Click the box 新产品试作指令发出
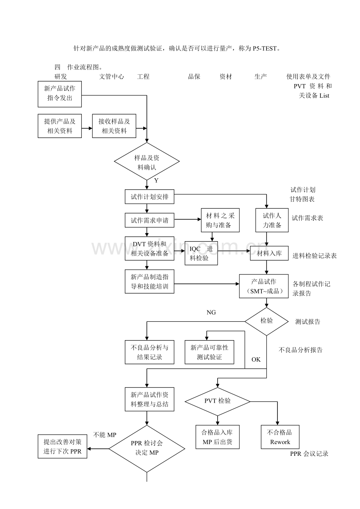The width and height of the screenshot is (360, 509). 60,93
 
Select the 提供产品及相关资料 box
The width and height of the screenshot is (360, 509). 60,126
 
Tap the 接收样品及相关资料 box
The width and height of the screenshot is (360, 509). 114,126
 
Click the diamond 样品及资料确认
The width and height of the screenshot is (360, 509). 147,162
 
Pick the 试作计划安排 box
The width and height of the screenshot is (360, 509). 149,197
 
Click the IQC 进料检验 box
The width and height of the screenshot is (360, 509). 201,253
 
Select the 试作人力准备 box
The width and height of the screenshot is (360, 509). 272,220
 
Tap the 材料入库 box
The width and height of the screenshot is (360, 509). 269,253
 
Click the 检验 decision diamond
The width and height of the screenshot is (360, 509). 266,321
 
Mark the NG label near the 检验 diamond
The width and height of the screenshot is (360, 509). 211,312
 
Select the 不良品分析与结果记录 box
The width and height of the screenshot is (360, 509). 149,352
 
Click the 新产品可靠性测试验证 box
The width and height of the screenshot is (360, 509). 209,352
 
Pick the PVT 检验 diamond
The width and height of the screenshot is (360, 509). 218,401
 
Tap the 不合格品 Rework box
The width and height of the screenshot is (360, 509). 280,437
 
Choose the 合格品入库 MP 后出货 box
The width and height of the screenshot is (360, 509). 217,437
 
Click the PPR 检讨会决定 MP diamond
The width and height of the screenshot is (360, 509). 147,448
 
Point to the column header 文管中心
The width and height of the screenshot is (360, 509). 112,77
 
